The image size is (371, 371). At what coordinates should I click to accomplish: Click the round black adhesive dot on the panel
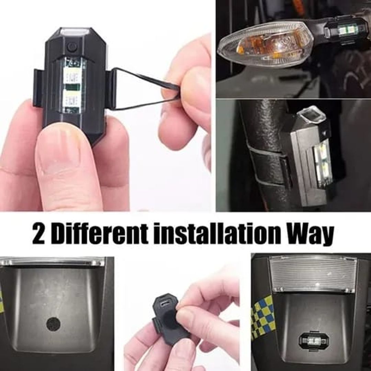[53, 324]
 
